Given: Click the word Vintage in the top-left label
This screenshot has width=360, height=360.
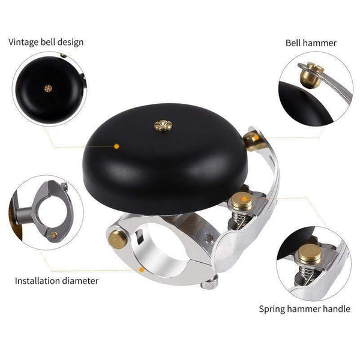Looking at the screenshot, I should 22,42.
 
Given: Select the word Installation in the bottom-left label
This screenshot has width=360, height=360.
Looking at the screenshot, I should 36,280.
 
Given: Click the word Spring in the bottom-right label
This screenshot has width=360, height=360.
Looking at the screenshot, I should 272,310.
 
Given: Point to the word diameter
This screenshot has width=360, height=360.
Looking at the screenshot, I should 80,280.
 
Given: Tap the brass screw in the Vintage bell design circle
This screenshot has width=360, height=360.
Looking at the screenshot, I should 48,88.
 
